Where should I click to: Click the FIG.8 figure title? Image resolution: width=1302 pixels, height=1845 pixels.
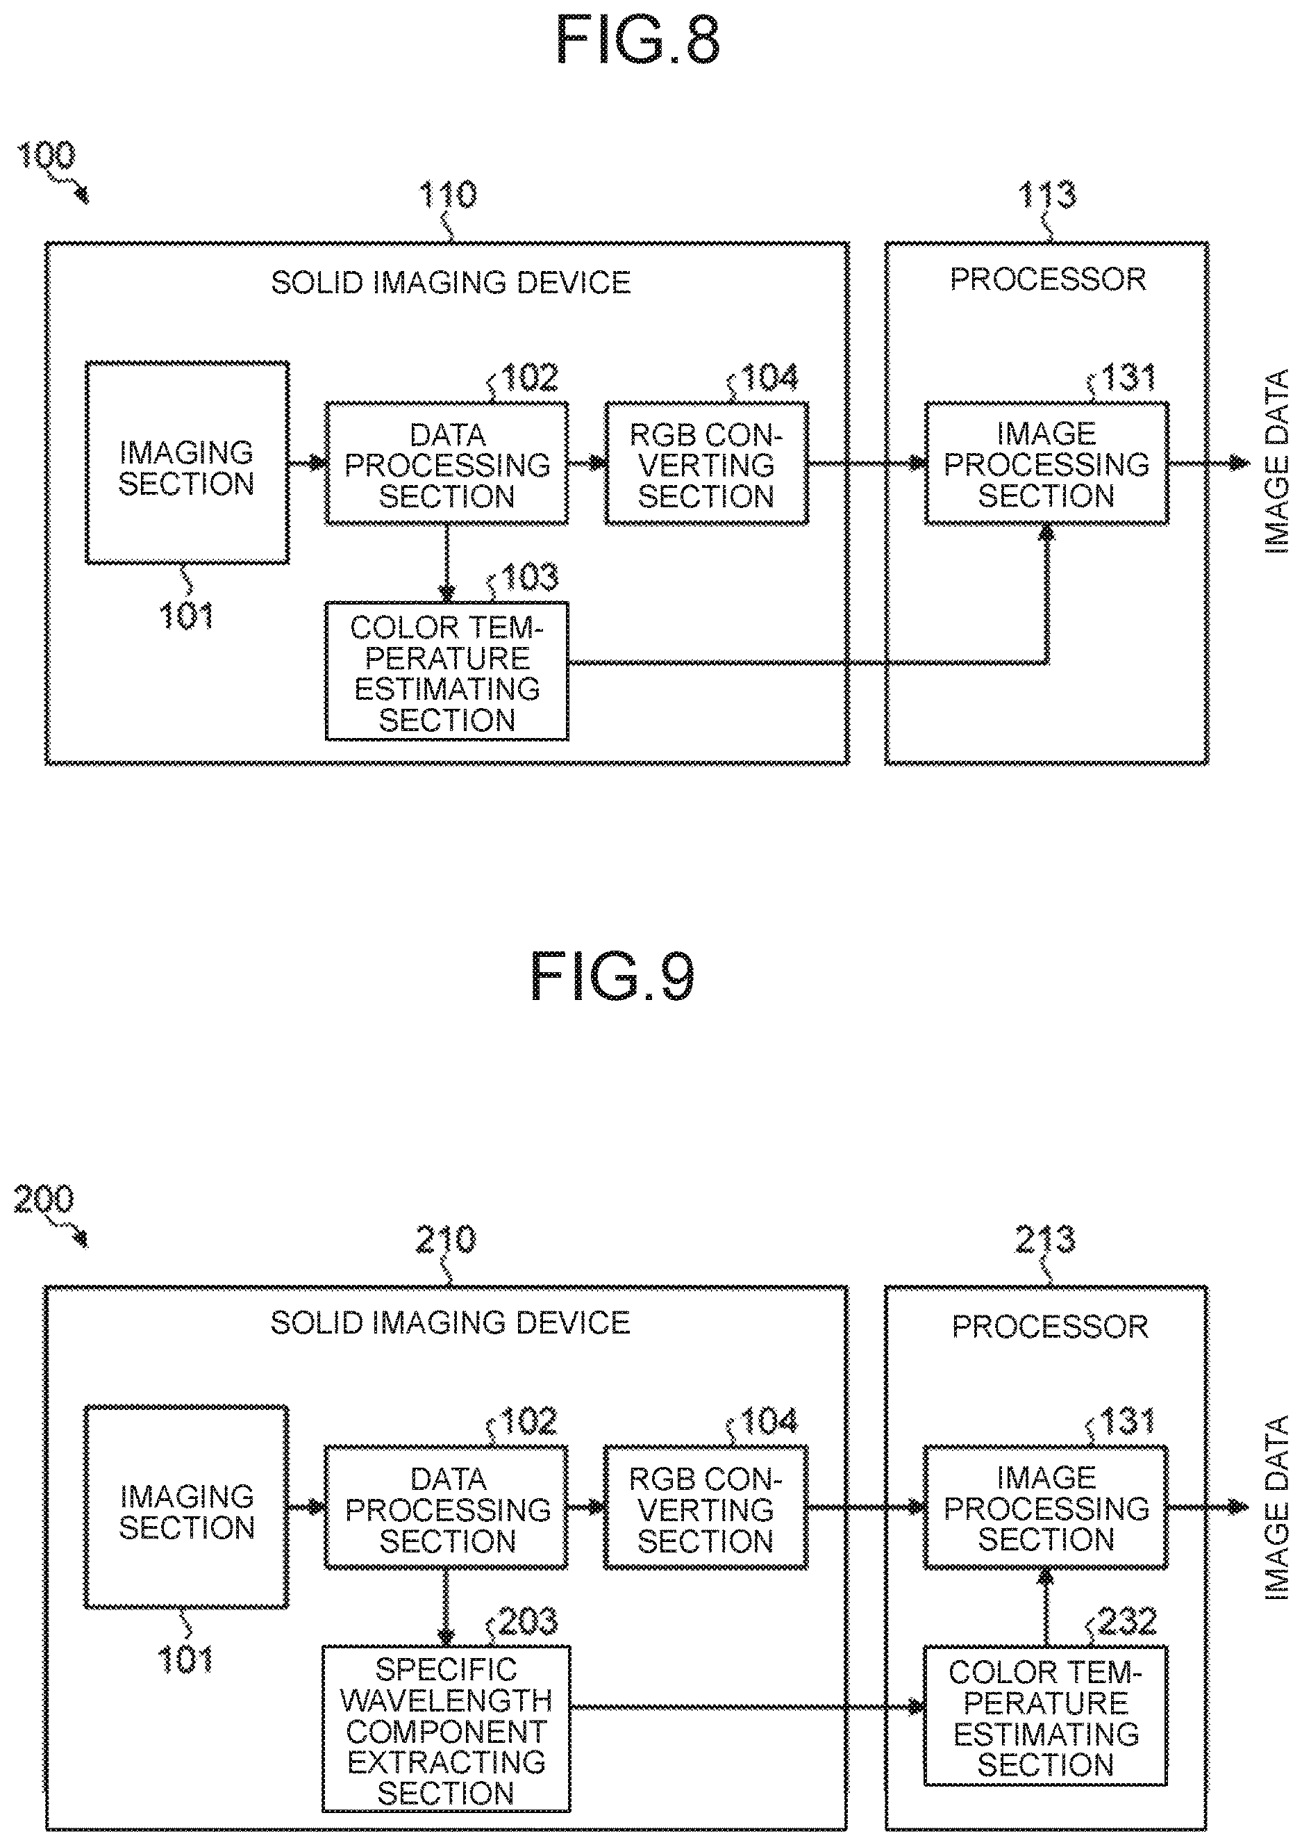coord(637,40)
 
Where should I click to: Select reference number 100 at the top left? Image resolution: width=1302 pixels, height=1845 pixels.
coord(46,155)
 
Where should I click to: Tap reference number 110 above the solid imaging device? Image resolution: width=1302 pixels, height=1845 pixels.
coord(448,195)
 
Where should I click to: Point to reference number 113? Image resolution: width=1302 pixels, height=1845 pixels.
coord(1046,195)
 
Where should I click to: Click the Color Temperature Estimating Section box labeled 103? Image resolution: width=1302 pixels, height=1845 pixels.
coord(446,671)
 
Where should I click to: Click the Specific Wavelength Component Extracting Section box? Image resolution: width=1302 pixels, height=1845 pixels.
coord(446,1728)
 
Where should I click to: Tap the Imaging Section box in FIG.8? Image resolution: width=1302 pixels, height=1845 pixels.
coord(187,462)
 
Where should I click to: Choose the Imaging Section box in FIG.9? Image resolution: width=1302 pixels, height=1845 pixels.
coord(186,1507)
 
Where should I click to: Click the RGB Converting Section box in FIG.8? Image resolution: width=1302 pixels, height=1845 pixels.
coord(706,464)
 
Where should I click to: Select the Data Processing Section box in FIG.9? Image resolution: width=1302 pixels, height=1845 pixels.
coord(446,1507)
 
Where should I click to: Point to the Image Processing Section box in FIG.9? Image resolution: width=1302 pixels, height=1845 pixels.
coord(1045,1507)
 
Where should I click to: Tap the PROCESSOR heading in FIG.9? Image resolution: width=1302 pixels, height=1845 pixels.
coord(1050,1326)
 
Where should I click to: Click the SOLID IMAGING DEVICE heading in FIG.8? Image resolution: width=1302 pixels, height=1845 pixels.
coord(451,282)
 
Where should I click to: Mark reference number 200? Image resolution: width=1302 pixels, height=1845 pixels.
coord(43,1199)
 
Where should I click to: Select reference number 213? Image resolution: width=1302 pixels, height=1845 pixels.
coord(1045,1239)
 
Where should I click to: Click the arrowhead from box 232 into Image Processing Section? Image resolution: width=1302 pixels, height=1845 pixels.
coord(1045,1577)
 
